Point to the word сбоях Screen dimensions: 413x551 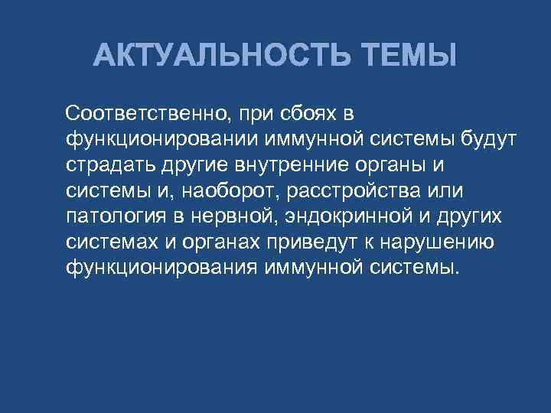(x=308, y=115)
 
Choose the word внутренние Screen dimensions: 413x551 (x=281, y=165)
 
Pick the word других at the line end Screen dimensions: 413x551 (x=473, y=216)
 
